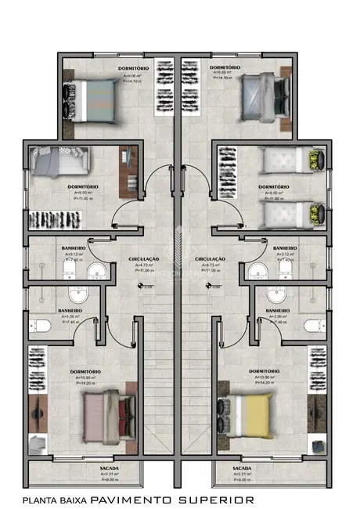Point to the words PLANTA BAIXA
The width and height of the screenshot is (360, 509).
click(x=55, y=500)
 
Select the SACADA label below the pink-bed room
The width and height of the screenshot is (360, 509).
click(x=110, y=467)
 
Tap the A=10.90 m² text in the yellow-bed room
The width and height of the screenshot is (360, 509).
click(x=265, y=377)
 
